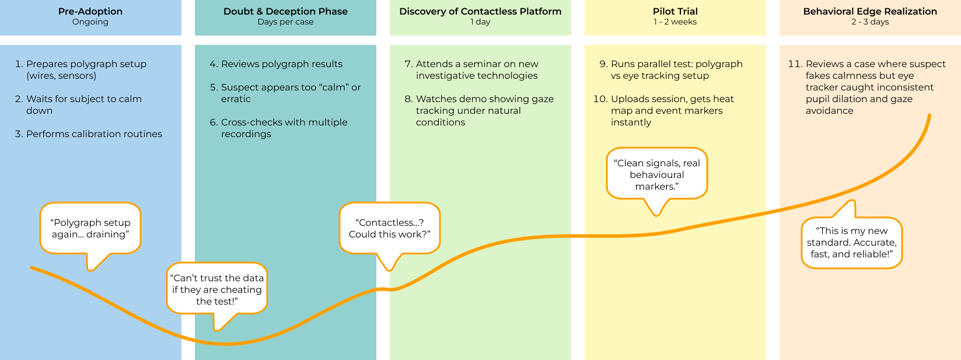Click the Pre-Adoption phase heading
tap(90, 11)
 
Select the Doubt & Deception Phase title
tap(285, 11)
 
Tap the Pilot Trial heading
tap(675, 11)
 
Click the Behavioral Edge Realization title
tap(870, 11)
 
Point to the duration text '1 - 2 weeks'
tap(675, 22)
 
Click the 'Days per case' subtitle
tap(285, 22)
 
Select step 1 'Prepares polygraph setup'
tap(86, 69)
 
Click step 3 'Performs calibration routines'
tap(93, 134)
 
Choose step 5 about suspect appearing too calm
tap(290, 93)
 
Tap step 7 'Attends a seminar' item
tap(476, 69)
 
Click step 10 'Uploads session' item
tap(671, 110)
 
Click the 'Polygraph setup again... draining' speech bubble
tap(90, 228)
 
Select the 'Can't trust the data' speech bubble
tap(217, 289)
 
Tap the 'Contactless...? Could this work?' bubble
tap(389, 228)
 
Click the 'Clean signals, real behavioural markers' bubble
tap(656, 174)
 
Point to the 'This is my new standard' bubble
tap(851, 242)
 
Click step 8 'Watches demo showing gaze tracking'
tap(484, 110)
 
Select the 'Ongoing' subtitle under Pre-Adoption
tap(90, 22)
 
